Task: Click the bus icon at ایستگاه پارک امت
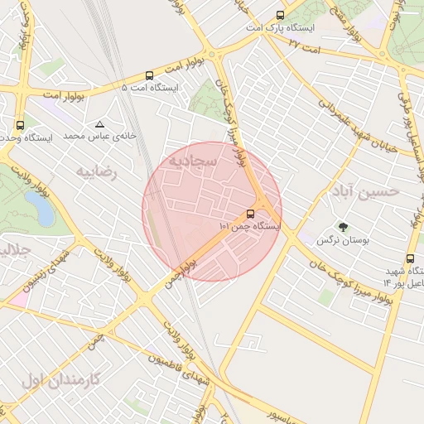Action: (x=280, y=15)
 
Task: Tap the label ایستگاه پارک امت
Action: (x=287, y=28)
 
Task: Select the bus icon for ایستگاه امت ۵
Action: (x=149, y=75)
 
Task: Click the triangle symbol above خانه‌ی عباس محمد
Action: (x=100, y=123)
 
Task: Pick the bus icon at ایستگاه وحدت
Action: (x=20, y=124)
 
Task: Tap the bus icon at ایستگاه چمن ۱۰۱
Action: (x=251, y=213)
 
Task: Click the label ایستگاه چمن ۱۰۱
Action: (x=250, y=225)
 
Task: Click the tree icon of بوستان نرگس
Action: (x=342, y=226)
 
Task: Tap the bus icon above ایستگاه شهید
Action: (x=411, y=258)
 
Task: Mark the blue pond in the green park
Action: (x=39, y=208)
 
